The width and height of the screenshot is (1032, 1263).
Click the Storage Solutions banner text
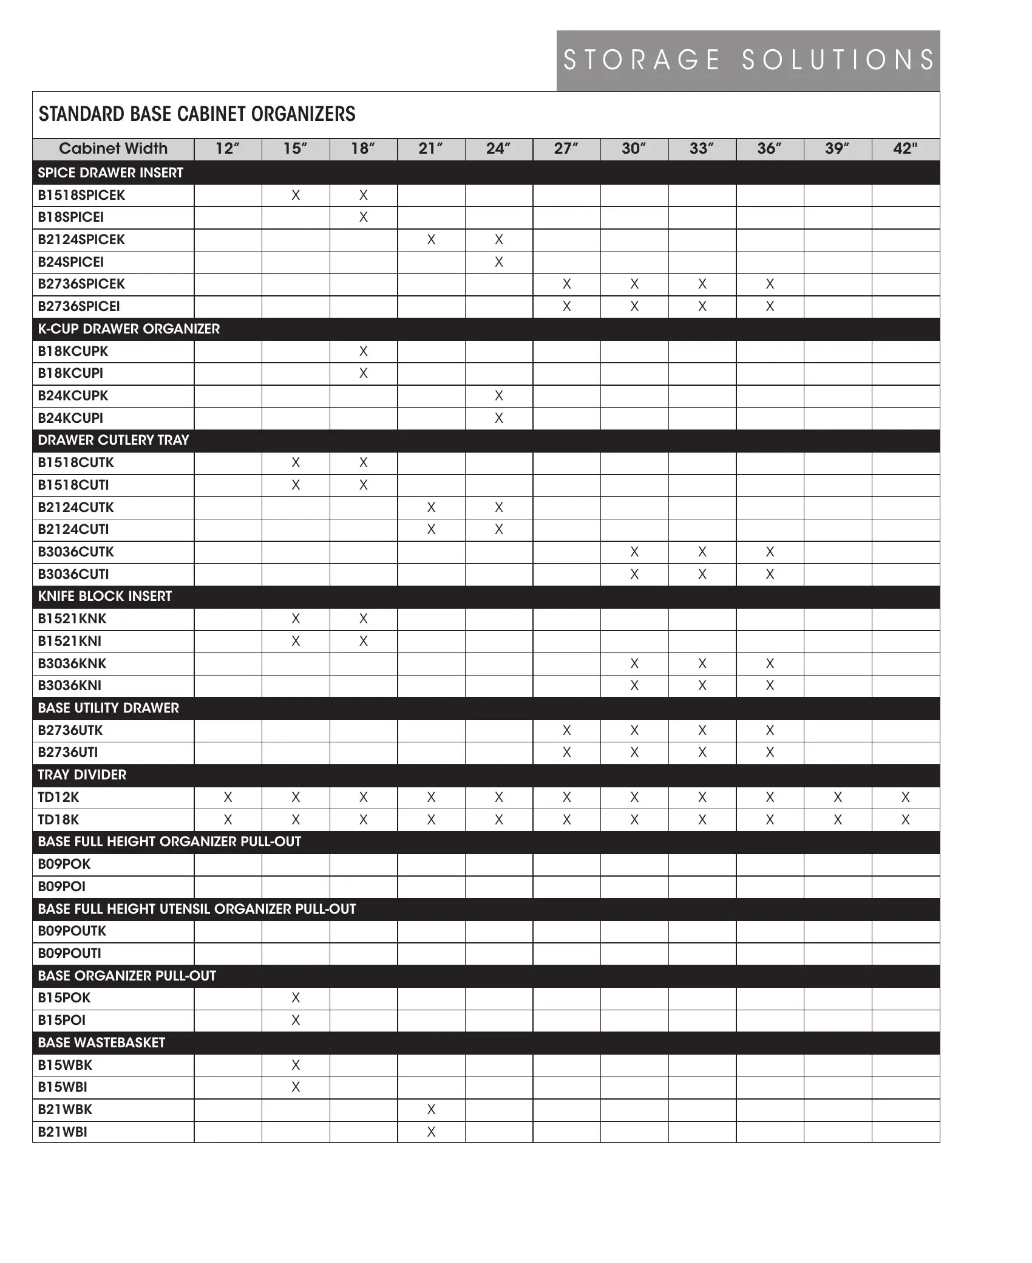coord(748,60)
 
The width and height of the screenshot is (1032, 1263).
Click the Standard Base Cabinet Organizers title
coord(197,114)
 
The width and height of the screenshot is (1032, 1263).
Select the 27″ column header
coord(566,149)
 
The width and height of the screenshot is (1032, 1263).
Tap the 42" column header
coord(905,149)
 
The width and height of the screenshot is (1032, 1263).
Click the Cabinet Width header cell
coord(113,149)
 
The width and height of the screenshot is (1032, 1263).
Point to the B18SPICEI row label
coord(71,217)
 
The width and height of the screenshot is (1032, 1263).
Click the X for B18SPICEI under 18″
coord(363,217)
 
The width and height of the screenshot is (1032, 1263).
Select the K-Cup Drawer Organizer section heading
coord(129,329)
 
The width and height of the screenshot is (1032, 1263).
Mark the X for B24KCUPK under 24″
coord(498,395)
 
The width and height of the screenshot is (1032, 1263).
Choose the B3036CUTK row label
coord(76,552)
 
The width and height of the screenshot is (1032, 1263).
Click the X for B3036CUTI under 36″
coord(770,574)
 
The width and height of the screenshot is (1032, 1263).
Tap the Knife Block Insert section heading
coord(105,596)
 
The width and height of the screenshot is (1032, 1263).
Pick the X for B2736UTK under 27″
coord(566,730)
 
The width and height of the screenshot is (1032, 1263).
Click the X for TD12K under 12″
coord(228,797)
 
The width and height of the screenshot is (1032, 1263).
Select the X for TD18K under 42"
coord(905,820)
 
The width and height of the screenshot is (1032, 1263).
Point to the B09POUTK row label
coord(72,931)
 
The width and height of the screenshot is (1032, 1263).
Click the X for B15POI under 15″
coord(296,1020)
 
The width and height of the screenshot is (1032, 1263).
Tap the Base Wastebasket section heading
coord(101,1042)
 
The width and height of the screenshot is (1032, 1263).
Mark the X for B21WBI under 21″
coord(431,1132)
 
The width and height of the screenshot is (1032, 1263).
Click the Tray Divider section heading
coord(82,775)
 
